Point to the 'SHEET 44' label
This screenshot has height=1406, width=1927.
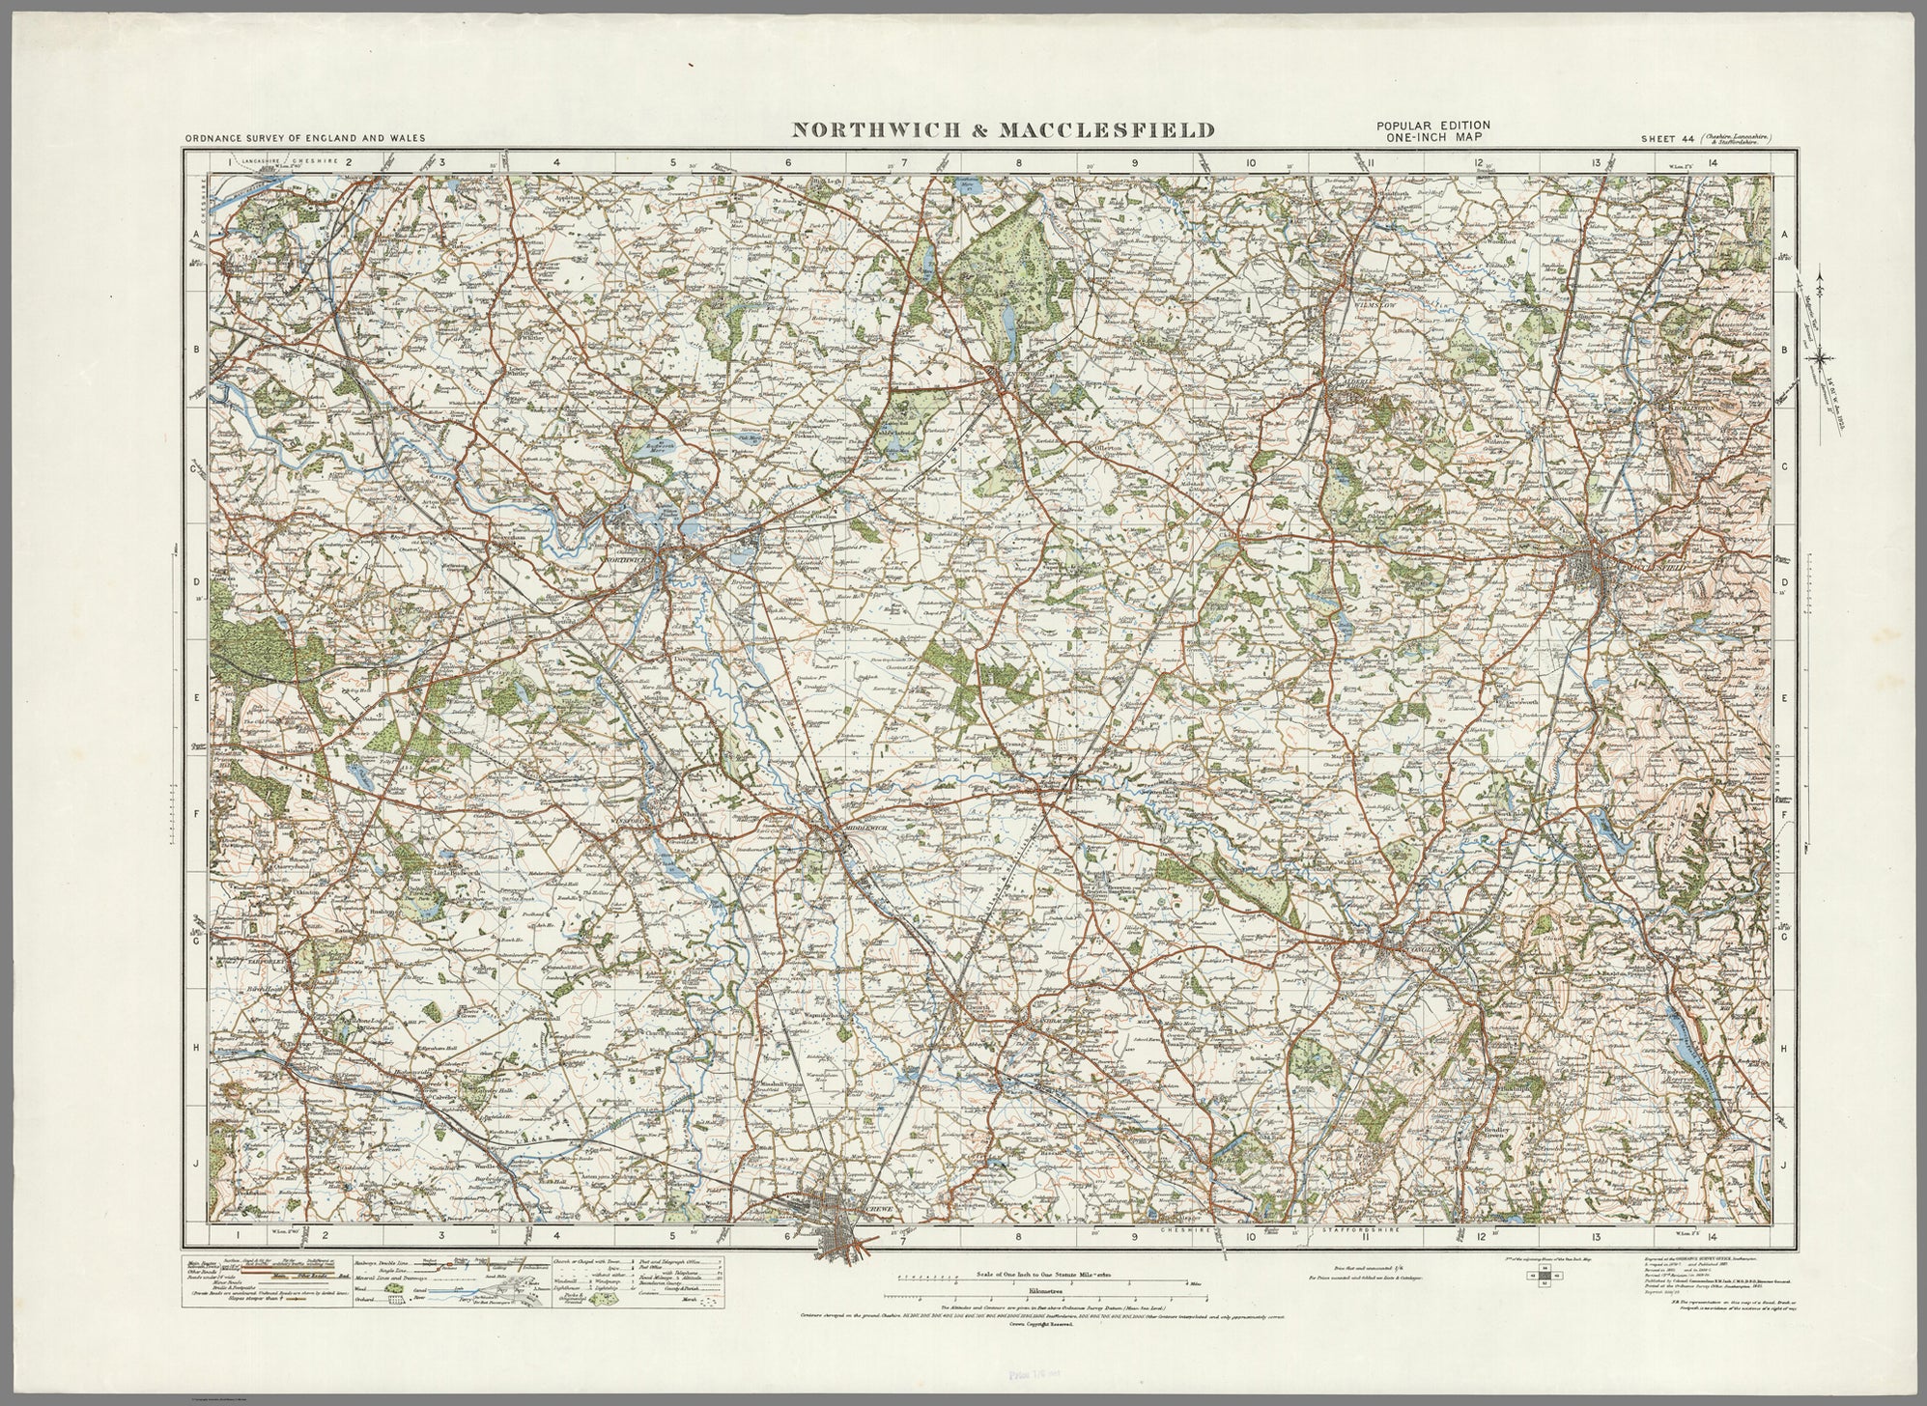[1666, 139]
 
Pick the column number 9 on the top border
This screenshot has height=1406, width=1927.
[1134, 163]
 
